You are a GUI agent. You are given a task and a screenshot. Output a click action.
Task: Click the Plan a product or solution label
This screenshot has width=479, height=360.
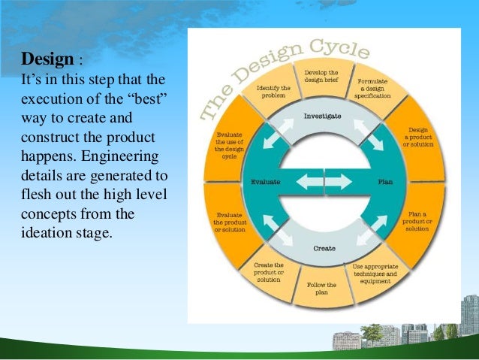[419, 222]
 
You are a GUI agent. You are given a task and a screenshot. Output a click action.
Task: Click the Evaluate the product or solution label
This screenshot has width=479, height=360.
[228, 222]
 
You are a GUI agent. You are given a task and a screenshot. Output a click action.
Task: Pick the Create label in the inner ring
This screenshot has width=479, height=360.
[324, 247]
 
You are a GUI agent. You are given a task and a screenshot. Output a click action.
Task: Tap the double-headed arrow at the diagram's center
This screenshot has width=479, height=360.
[324, 181]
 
